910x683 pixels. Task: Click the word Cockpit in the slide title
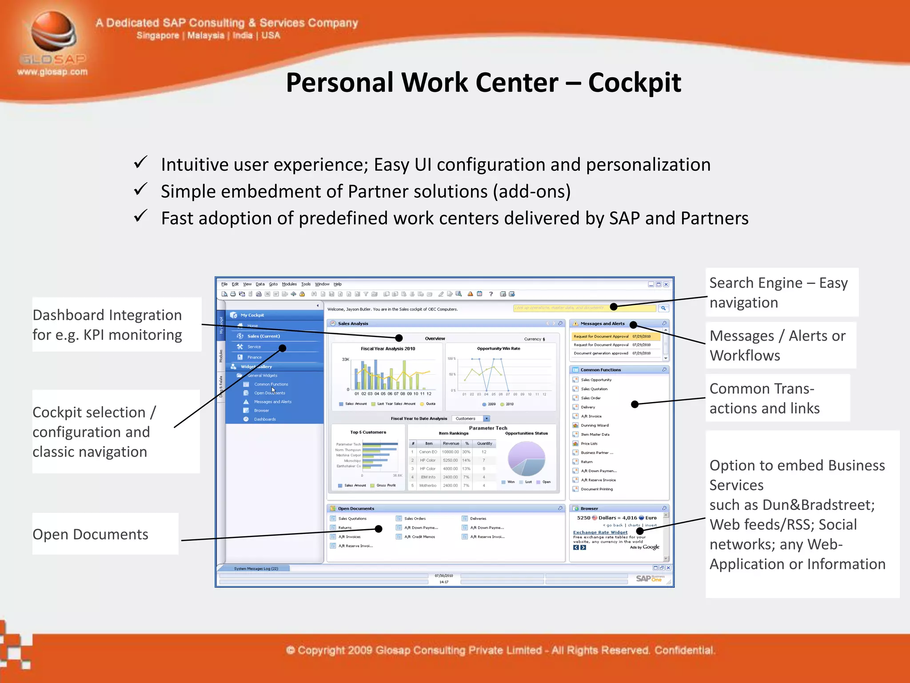point(634,83)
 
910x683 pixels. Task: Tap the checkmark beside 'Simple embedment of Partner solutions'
point(140,190)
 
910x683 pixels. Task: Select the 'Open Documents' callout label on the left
point(91,534)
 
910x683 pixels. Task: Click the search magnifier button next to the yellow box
point(663,308)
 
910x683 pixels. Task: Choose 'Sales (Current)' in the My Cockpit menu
point(263,336)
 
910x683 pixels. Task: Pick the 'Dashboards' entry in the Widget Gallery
point(265,419)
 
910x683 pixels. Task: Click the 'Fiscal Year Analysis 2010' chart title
point(388,349)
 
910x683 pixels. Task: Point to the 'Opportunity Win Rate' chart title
point(499,349)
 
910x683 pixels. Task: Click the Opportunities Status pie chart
point(527,458)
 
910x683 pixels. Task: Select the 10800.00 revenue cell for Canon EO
point(450,452)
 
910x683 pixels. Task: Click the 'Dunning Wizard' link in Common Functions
point(595,426)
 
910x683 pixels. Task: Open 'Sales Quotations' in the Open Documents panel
point(352,518)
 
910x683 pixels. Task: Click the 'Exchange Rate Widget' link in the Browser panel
point(600,532)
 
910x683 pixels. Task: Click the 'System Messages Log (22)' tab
point(256,569)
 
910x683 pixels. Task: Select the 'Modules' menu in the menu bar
point(289,284)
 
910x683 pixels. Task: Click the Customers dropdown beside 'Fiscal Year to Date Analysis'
point(471,418)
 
